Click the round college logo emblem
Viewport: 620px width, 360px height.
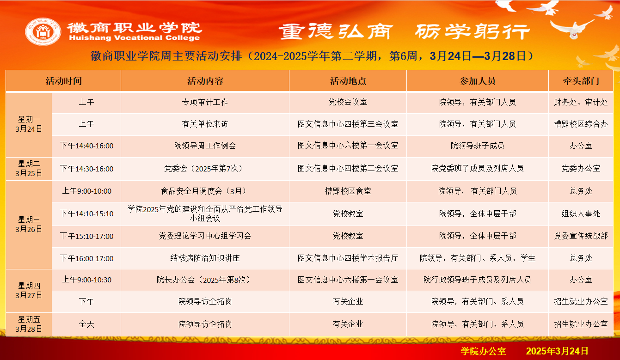tap(43, 31)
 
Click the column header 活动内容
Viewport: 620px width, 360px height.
tap(205, 81)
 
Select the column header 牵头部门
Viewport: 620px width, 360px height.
tap(581, 81)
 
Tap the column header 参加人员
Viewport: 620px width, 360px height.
tap(478, 81)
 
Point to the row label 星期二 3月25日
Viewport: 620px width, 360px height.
tap(29, 169)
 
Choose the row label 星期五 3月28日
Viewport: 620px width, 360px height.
tap(29, 324)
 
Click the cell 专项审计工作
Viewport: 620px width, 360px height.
tap(205, 103)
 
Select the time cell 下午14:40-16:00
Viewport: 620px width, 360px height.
tap(86, 146)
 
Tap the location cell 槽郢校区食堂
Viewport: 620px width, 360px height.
tap(348, 191)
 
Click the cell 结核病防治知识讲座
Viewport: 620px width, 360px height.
tap(205, 258)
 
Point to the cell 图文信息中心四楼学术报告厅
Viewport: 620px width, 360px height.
tap(348, 258)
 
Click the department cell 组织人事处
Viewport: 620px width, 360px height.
tap(581, 214)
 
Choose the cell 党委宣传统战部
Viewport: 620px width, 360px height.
tap(581, 236)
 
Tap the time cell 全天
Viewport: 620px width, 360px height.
tap(86, 324)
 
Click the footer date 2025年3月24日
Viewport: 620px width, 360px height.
tap(557, 351)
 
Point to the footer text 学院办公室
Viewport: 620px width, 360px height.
tap(483, 351)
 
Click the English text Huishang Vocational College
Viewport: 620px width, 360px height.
tap(135, 38)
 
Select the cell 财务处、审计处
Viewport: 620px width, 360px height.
tap(581, 103)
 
